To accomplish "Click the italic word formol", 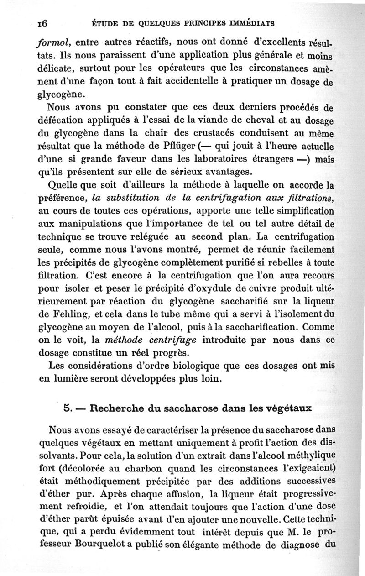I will pyautogui.click(x=52, y=44).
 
